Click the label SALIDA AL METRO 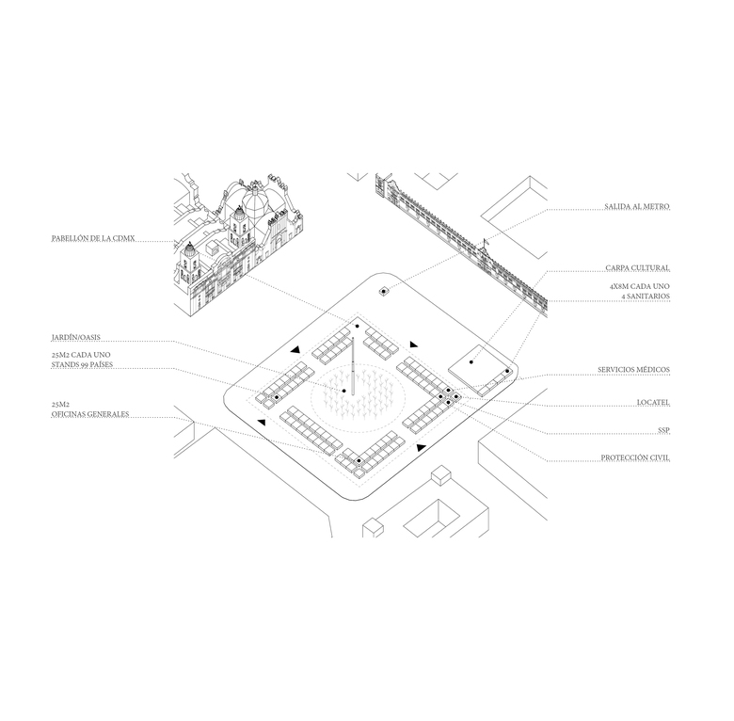[637, 206]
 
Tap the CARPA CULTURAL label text [637, 268]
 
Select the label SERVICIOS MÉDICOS [633, 370]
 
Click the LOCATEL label [653, 403]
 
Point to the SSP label [663, 430]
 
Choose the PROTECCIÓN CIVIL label [635, 457]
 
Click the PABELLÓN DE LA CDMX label [93, 238]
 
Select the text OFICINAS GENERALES [90, 414]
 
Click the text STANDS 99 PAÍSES [83, 364]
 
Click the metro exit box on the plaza [384, 291]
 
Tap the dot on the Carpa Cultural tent [471, 361]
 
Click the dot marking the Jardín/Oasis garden [344, 391]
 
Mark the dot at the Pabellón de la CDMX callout [358, 326]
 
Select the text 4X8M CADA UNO [640, 286]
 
